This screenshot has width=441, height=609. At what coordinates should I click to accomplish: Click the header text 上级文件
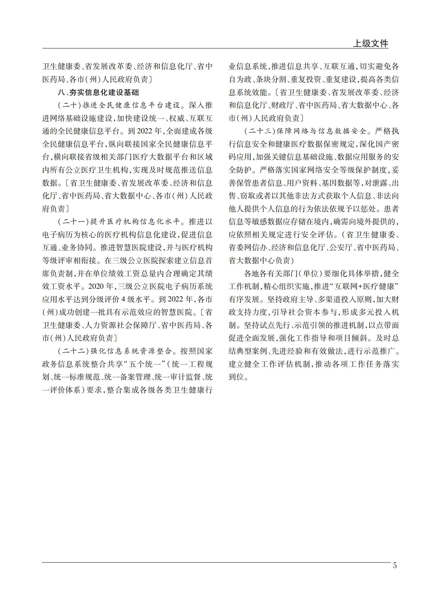[370, 43]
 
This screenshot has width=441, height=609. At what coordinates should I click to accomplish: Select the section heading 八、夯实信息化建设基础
[98, 93]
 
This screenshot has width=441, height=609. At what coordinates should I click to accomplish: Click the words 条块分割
[267, 80]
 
